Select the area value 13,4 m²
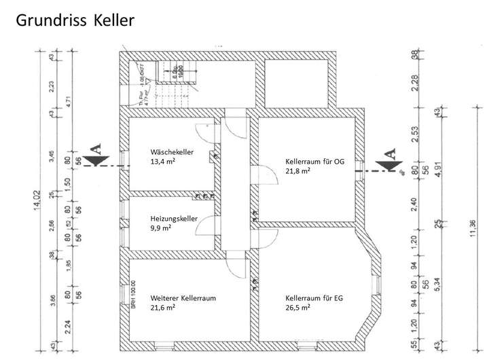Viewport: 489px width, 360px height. click(x=164, y=162)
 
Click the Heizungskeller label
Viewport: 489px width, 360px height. click(x=174, y=219)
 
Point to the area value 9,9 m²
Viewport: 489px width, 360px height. click(x=160, y=229)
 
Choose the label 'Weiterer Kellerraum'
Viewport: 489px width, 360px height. click(x=183, y=298)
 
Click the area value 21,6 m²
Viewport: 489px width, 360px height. click(x=164, y=308)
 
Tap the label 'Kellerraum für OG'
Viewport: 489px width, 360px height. click(x=316, y=161)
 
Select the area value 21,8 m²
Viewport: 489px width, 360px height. click(x=299, y=171)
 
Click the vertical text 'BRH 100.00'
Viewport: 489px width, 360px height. click(x=134, y=295)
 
